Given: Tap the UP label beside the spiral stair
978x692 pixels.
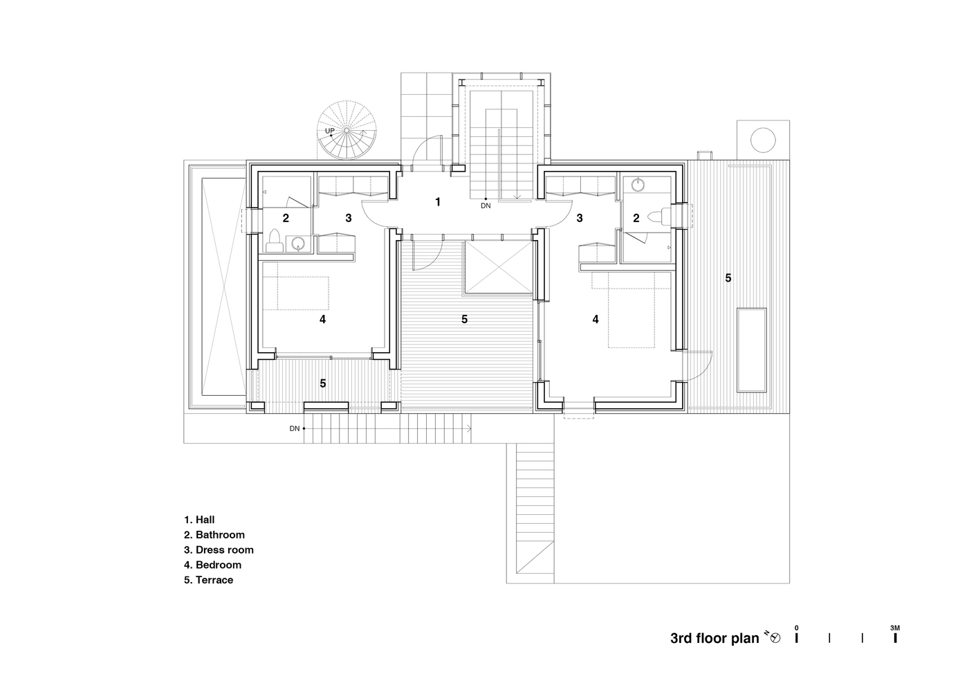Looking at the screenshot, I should click(x=330, y=131).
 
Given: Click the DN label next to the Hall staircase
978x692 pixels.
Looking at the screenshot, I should click(x=486, y=206).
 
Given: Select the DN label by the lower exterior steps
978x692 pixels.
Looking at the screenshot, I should click(x=295, y=428).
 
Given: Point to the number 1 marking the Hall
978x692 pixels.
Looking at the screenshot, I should click(x=437, y=202).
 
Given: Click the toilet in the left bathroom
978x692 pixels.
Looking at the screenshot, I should click(x=274, y=242).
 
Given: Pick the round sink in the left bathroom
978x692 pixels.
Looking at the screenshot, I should click(x=298, y=243).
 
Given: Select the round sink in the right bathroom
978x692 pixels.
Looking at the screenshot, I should click(x=638, y=185).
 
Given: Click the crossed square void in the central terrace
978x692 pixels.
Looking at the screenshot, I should click(x=499, y=267).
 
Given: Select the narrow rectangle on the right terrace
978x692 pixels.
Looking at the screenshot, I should click(x=751, y=350).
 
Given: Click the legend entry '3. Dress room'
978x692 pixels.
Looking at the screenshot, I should click(x=219, y=550).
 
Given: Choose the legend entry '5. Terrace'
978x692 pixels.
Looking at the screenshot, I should click(x=208, y=580).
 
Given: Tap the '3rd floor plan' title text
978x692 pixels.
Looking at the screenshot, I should click(x=714, y=638).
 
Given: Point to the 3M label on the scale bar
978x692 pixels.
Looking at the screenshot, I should click(x=895, y=628).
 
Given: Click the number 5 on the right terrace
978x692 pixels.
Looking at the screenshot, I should click(x=728, y=278).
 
